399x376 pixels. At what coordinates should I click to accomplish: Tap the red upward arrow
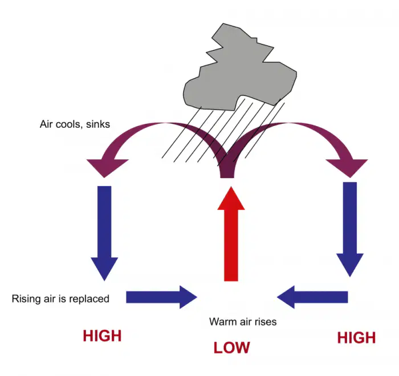[231, 234]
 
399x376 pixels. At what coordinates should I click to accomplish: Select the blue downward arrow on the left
[104, 233]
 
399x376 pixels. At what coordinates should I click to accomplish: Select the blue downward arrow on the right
[350, 229]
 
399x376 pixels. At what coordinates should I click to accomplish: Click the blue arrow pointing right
[161, 297]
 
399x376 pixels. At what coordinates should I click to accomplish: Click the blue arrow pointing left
[312, 297]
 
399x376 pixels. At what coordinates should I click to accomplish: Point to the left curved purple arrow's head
[107, 167]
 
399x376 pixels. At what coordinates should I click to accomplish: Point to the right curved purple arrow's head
[348, 167]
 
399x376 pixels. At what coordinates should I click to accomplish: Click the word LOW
[231, 347]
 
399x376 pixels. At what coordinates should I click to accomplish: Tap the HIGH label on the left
[102, 335]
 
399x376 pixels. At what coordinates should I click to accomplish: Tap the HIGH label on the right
[356, 338]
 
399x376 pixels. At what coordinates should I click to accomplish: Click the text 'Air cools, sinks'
[75, 124]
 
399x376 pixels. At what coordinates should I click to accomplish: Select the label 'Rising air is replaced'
[60, 298]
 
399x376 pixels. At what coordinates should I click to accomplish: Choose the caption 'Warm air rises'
[243, 322]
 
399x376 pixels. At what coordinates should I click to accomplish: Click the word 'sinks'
[98, 124]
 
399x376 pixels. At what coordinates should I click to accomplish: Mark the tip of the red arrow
[231, 187]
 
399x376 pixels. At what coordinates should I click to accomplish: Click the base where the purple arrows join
[227, 176]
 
